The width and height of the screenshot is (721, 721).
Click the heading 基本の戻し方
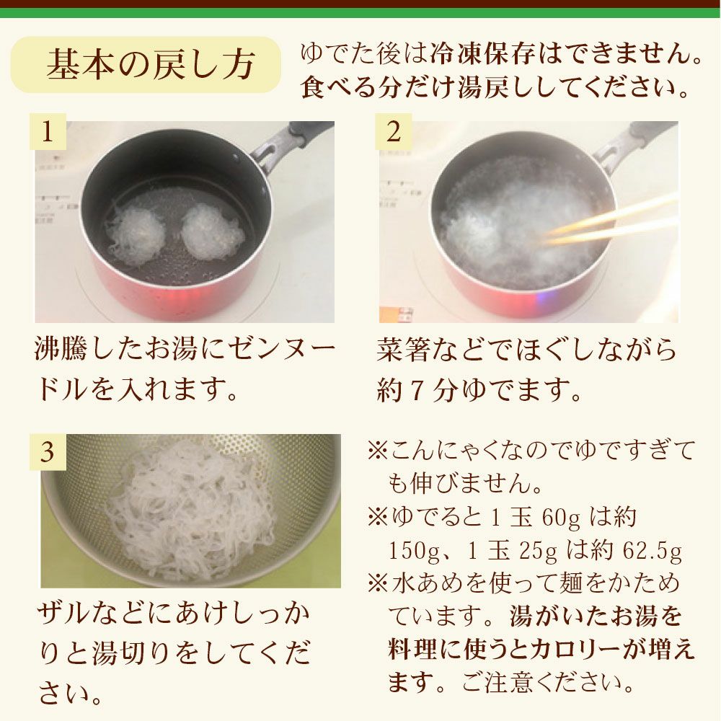click(x=151, y=64)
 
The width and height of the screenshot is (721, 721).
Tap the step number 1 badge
click(x=48, y=131)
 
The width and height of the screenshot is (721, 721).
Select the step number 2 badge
click(x=394, y=131)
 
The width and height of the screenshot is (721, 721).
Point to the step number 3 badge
click(x=48, y=453)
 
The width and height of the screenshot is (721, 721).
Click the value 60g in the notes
click(x=561, y=517)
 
